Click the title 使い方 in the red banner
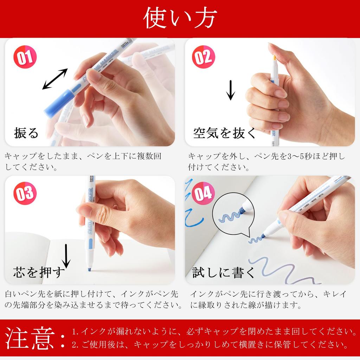(x=180, y=18)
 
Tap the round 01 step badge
(x=25, y=57)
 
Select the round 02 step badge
(x=204, y=57)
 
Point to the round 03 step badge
(x=25, y=193)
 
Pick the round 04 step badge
(x=204, y=193)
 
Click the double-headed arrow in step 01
(x=55, y=79)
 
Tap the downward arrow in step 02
(x=231, y=90)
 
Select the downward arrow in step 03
(x=66, y=256)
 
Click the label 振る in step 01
(x=26, y=133)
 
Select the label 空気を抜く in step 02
(x=225, y=133)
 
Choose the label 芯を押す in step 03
(x=39, y=272)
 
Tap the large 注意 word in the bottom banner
(x=30, y=338)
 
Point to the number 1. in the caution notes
(x=75, y=332)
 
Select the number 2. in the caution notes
(x=75, y=345)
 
